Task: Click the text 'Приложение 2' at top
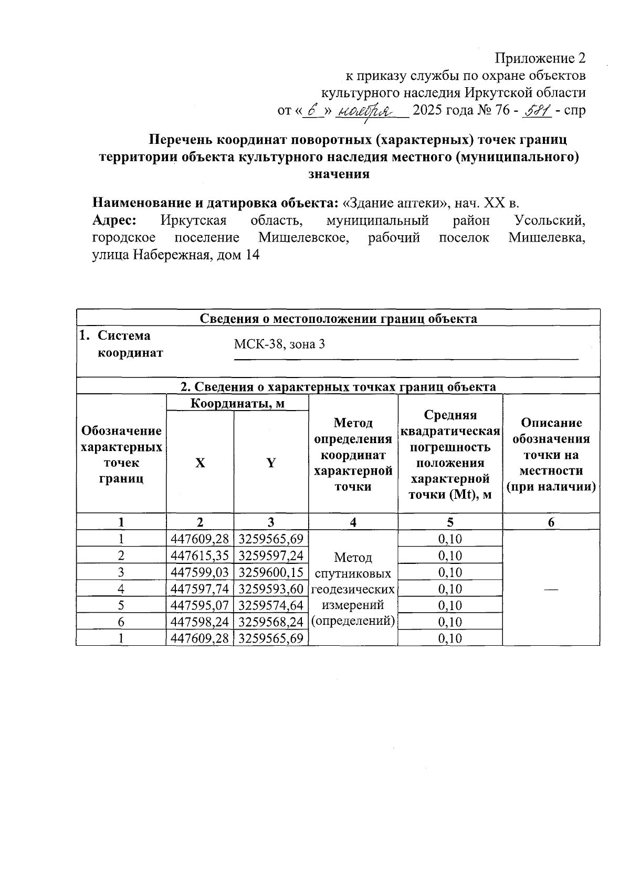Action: click(540, 57)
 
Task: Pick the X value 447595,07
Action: click(199, 605)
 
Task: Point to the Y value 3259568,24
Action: click(271, 622)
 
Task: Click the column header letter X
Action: click(200, 463)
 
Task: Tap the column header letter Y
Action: click(271, 463)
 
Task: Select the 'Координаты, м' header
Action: click(237, 403)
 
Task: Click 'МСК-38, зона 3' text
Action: click(279, 344)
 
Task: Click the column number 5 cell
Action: click(450, 522)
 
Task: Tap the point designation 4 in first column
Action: click(121, 589)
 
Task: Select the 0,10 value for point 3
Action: click(450, 572)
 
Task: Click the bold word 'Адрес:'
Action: click(114, 221)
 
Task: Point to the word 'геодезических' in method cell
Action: click(353, 589)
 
